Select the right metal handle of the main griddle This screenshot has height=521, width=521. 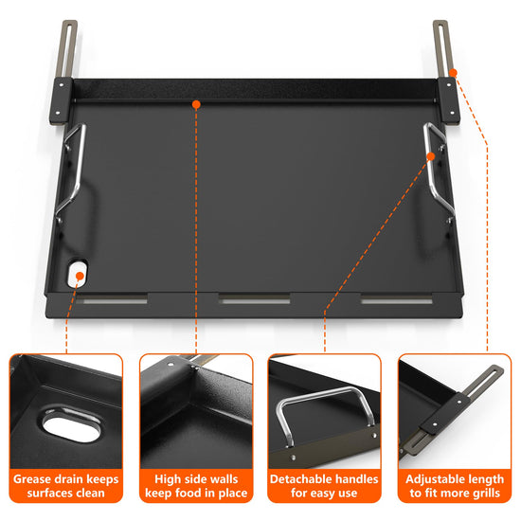pos(439,172)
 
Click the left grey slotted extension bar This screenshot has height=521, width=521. pos(68,49)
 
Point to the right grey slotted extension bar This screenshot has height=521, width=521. pos(442,49)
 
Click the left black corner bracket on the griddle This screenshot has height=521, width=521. pos(61,100)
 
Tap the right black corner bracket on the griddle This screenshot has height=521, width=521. pos(449,100)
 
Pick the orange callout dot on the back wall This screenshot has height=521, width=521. pos(196,104)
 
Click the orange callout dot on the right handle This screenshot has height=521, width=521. pos(431,156)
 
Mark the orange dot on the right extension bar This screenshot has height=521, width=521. pos(454,73)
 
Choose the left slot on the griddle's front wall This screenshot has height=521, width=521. pos(112,300)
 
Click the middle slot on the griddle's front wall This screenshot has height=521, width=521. pos(255,300)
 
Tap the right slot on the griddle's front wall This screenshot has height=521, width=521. pos(397,300)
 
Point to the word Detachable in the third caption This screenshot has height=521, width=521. pos(299,479)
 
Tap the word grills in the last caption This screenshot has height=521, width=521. pos(485,494)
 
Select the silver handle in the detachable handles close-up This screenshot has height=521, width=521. pos(325,412)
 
